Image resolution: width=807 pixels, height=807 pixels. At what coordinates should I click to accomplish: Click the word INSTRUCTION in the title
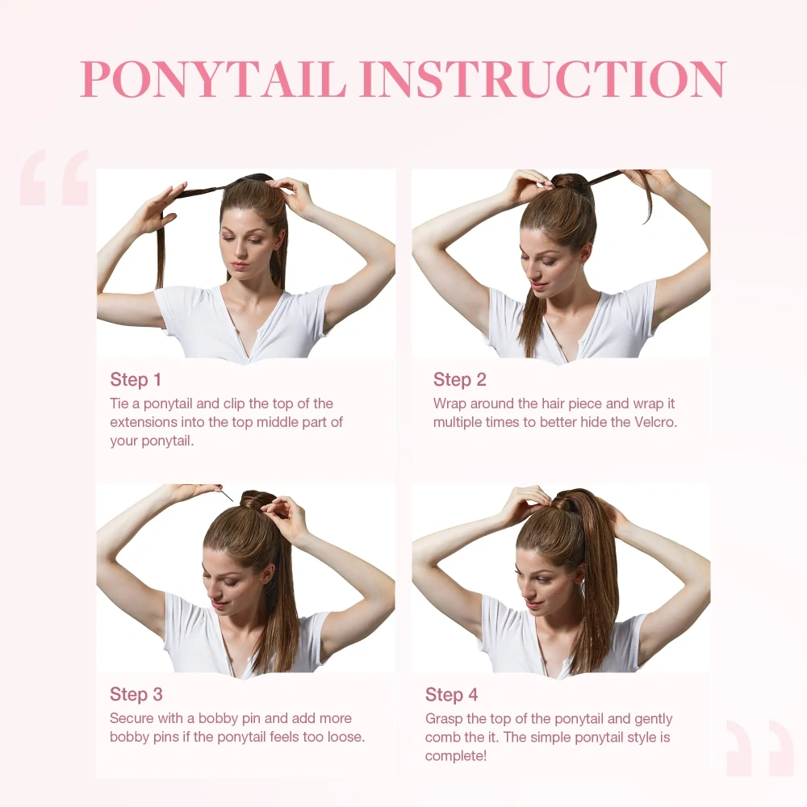pos(542,78)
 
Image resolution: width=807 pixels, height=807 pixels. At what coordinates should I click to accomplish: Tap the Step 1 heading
pos(136,379)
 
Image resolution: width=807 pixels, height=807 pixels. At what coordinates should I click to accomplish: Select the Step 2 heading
pos(460,379)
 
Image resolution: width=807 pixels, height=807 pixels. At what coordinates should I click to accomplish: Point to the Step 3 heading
pos(136,694)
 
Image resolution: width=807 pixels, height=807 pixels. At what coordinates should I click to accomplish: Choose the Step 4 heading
pos(452,695)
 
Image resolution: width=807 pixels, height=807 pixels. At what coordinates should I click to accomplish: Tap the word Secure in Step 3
pos(132,718)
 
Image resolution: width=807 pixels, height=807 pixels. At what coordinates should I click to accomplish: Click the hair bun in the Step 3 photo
pos(257,501)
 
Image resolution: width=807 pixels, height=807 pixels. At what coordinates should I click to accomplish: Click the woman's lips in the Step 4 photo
pos(533,604)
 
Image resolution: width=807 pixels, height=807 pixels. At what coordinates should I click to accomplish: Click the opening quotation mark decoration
pos(54,177)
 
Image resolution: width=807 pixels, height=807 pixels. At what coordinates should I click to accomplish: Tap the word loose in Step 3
pos(343,737)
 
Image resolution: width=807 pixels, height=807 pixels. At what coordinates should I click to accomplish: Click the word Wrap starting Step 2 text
pos(450,403)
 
